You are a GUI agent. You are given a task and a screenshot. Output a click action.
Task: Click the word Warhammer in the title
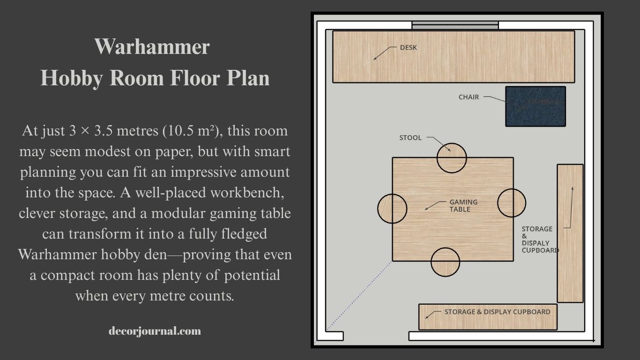click(152, 47)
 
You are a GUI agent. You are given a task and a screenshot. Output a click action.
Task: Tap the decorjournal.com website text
click(155, 331)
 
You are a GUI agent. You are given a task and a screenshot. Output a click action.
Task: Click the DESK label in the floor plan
click(408, 47)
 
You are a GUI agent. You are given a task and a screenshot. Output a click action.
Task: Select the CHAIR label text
click(469, 97)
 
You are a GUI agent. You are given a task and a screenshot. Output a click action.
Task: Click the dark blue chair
click(535, 106)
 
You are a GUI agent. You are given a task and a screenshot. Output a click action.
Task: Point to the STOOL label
click(410, 138)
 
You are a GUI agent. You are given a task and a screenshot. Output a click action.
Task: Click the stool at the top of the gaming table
click(452, 158)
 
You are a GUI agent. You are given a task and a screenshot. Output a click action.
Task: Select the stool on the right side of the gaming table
click(512, 203)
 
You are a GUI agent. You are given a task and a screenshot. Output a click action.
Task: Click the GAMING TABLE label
click(463, 205)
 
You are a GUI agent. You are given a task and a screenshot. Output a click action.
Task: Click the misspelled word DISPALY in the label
click(536, 243)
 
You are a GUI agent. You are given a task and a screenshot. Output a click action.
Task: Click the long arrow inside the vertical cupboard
click(571, 206)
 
